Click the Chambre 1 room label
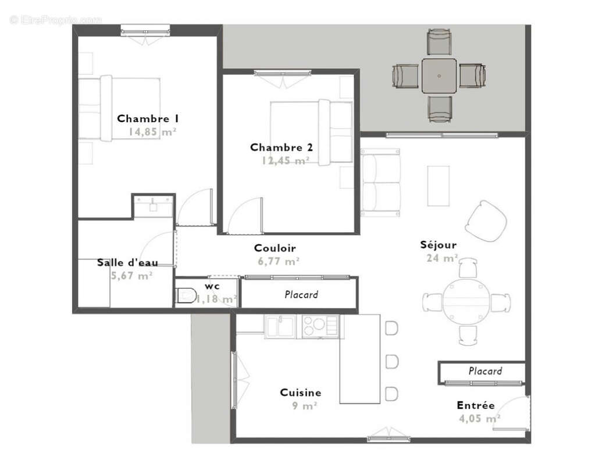tap(147, 119)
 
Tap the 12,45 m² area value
tap(285, 161)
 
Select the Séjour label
tap(439, 245)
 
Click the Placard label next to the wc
tap(301, 295)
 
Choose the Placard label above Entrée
tap(485, 371)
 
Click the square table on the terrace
tap(439, 76)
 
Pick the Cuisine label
tap(300, 393)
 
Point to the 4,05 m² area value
tap(479, 418)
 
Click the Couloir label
tap(275, 248)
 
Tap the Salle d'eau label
tap(127, 263)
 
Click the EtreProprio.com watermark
tap(56, 20)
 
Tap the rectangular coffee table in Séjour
tap(438, 186)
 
